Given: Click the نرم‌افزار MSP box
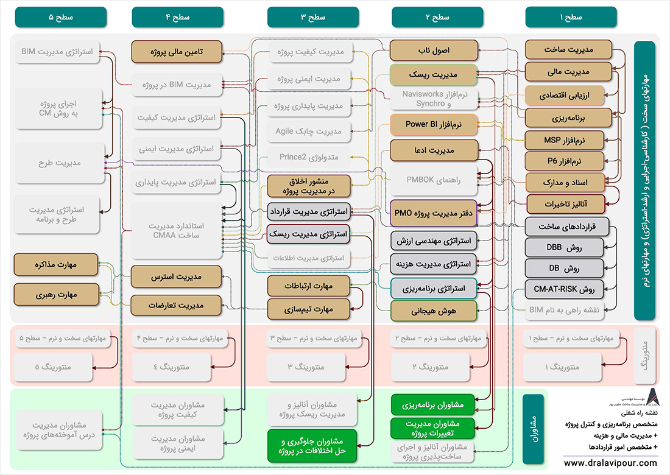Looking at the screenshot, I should tap(564, 140).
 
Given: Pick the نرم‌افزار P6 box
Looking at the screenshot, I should tap(564, 161).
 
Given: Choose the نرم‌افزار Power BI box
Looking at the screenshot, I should tap(433, 125).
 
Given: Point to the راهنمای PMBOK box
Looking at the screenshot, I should tap(433, 180).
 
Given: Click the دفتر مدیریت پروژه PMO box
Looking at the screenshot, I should tap(433, 213).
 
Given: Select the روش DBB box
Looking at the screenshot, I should tap(564, 248).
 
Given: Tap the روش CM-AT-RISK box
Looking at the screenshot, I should tap(564, 289).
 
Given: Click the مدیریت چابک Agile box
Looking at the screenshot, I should tap(309, 131).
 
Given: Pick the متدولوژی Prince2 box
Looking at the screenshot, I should tap(309, 157).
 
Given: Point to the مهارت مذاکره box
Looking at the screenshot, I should tap(55, 265).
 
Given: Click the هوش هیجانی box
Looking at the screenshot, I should tap(433, 311).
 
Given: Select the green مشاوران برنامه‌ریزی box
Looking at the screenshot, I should tap(433, 404).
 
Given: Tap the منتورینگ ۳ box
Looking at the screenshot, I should tap(309, 367).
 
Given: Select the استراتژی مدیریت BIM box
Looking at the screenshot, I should tap(55, 52).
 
